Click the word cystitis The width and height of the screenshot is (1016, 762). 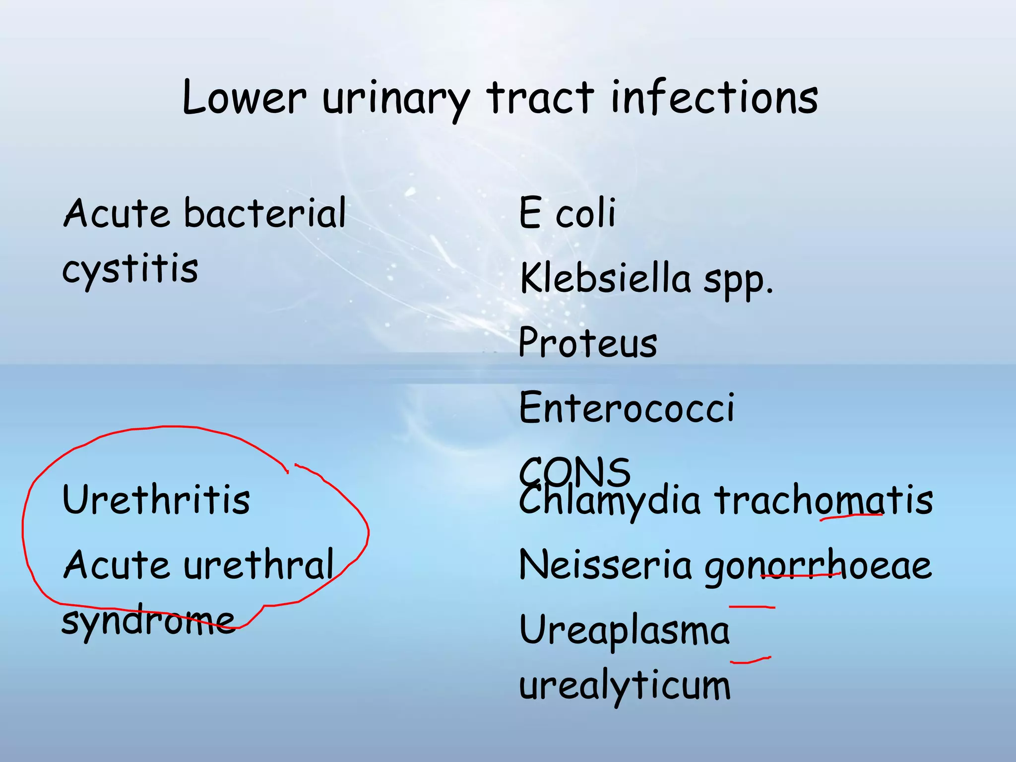coord(130,270)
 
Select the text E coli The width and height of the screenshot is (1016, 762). coord(567,213)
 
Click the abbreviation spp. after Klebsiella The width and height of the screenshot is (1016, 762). coord(738,282)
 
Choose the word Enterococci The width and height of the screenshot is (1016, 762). coord(626,408)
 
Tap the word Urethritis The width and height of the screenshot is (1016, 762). coord(156,500)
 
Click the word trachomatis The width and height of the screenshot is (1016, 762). coord(824,500)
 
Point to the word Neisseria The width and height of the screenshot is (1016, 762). coord(605,565)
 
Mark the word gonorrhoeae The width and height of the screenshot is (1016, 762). coord(818,568)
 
